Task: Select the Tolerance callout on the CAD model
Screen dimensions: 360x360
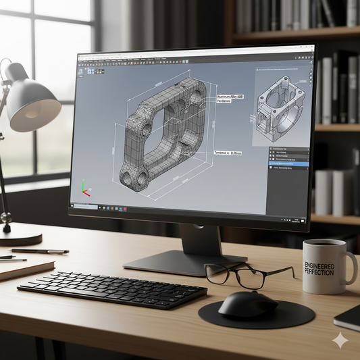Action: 228,153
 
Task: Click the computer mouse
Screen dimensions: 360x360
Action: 248,304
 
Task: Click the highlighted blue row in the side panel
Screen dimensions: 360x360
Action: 288,164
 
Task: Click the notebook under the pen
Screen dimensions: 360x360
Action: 24,268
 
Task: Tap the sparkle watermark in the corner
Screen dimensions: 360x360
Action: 340,340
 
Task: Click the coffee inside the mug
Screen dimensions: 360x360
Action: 328,244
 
